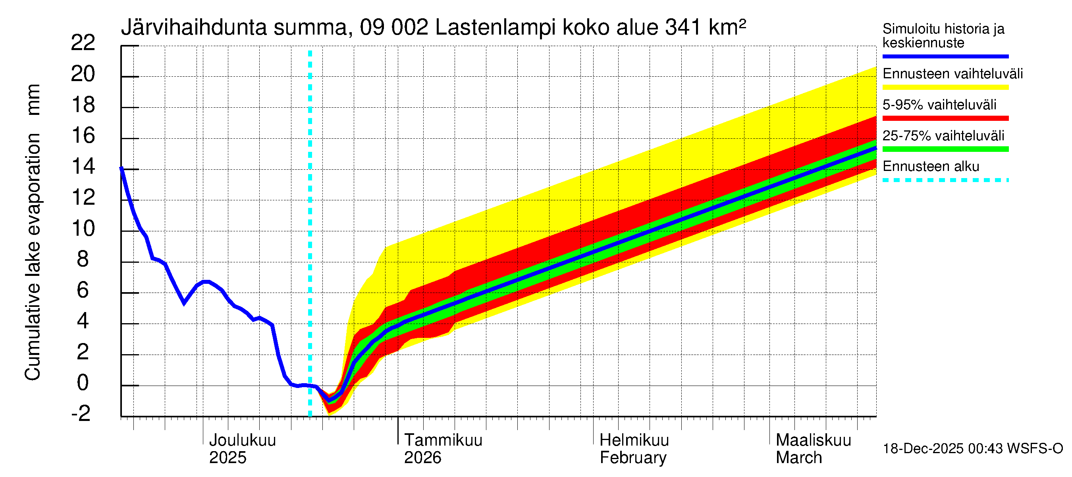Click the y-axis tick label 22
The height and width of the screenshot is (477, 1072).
pos(83,43)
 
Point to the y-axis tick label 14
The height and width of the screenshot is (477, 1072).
pos(83,166)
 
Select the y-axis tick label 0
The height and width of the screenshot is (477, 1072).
pos(83,382)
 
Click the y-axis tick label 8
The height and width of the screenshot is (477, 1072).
pos(83,259)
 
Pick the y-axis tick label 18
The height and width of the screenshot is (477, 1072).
pos(83,105)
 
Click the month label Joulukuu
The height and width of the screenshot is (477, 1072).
pos(242,440)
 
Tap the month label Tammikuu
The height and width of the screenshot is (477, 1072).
pos(443,440)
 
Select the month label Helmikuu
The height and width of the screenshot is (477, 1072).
pos(634,440)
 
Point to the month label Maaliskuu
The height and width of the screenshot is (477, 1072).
pos(814,440)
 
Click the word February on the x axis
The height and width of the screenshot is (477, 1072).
pos(633,458)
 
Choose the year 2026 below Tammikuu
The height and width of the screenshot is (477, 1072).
pos(422,458)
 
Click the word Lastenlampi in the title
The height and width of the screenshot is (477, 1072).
pos(495,27)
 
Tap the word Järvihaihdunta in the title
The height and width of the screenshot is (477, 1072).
pos(194,27)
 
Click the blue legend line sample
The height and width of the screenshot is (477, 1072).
pos(945,56)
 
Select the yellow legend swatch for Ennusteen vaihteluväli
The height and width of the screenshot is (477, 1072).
pos(945,87)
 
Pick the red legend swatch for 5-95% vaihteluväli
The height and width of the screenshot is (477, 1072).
pos(945,118)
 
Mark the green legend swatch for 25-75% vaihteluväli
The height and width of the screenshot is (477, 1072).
pos(945,149)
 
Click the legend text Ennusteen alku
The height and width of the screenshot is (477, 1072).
pos(931,166)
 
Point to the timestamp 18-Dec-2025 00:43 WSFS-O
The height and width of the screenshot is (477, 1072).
pos(972,448)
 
